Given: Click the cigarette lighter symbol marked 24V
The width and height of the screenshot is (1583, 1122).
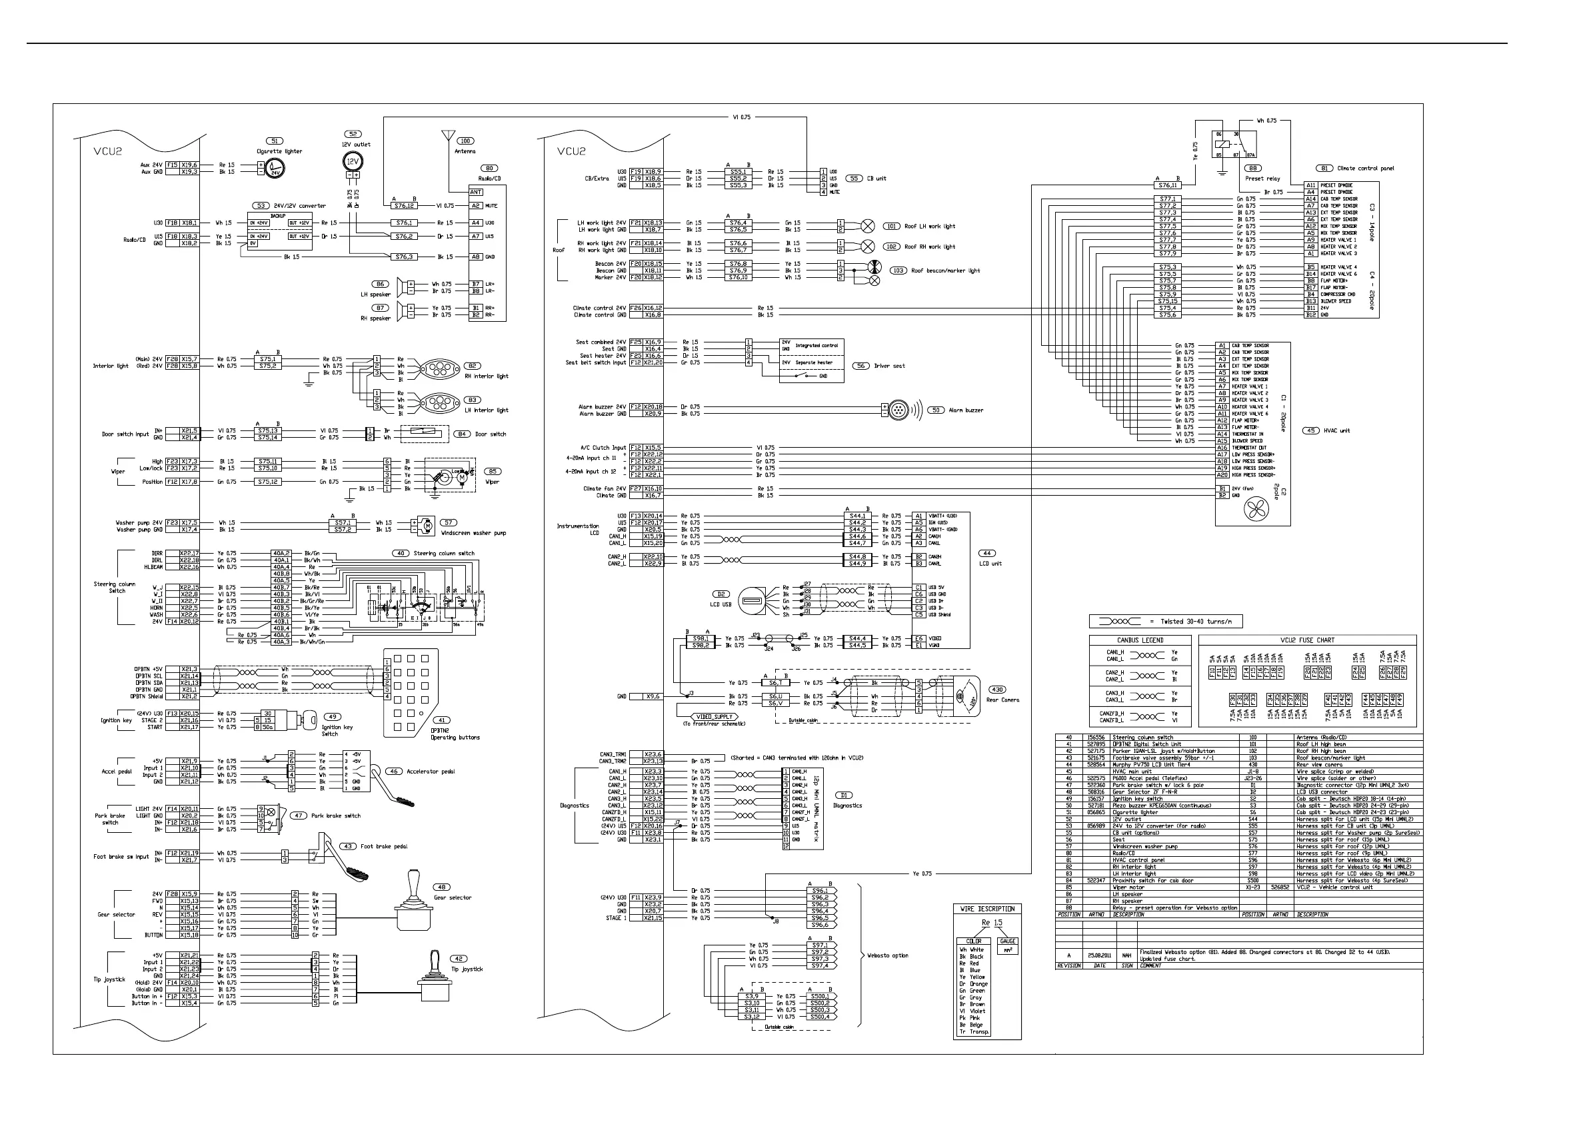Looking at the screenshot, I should pos(275,168).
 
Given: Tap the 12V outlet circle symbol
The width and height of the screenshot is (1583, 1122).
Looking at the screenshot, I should pos(353,162).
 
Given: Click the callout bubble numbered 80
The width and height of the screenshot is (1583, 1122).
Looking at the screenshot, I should pos(489,168).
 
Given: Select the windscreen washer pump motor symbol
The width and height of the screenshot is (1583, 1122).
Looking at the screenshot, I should pos(427,526).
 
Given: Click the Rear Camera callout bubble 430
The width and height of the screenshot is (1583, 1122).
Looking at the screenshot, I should pos(997,690).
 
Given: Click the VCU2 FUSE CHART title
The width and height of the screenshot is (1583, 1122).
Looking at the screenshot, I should pos(1307,640).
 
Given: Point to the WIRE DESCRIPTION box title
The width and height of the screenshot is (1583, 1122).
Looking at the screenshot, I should pos(987,909).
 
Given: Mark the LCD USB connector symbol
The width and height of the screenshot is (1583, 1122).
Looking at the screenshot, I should pos(753,600).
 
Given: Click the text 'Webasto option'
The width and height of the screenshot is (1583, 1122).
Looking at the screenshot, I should pos(888,955).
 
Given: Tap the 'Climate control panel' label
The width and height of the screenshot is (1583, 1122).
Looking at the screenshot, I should pos(1365,168).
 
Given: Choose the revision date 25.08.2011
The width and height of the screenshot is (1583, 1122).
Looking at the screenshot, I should pos(1098,955).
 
